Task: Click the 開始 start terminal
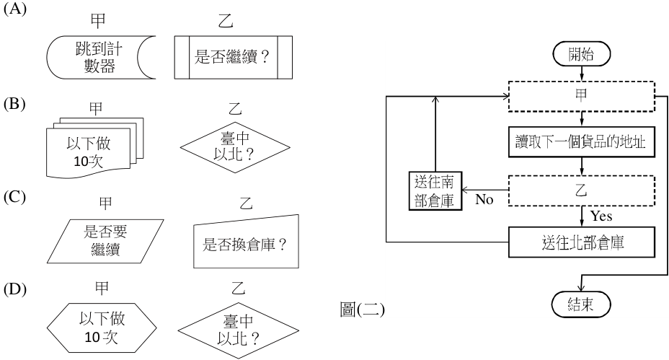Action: tap(581, 54)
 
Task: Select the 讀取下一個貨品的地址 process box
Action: tap(582, 142)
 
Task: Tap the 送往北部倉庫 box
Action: tap(582, 242)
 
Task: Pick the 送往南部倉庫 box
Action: tap(435, 190)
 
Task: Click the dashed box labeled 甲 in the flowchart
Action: tap(582, 96)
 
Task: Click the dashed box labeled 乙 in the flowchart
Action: tap(582, 190)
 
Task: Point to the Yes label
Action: tap(601, 216)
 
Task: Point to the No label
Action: tap(484, 199)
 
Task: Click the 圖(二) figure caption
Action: tap(362, 309)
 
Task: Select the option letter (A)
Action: tap(15, 9)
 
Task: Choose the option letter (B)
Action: tap(15, 104)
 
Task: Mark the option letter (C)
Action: tap(15, 197)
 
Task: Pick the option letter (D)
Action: tap(15, 289)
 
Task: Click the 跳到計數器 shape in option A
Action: tap(101, 57)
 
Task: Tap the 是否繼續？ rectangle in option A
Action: tap(234, 57)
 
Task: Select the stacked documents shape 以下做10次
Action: tap(94, 147)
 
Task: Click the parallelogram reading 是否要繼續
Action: tap(105, 241)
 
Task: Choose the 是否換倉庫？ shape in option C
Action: tap(246, 241)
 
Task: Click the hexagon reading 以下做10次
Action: tap(102, 328)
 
